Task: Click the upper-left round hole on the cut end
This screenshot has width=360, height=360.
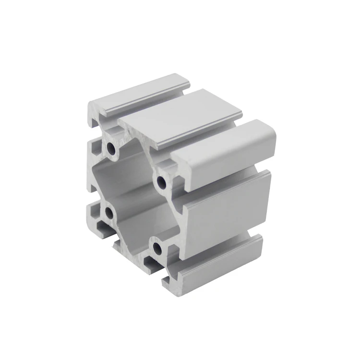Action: click(111, 149)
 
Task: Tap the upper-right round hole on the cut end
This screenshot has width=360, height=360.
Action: click(160, 181)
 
